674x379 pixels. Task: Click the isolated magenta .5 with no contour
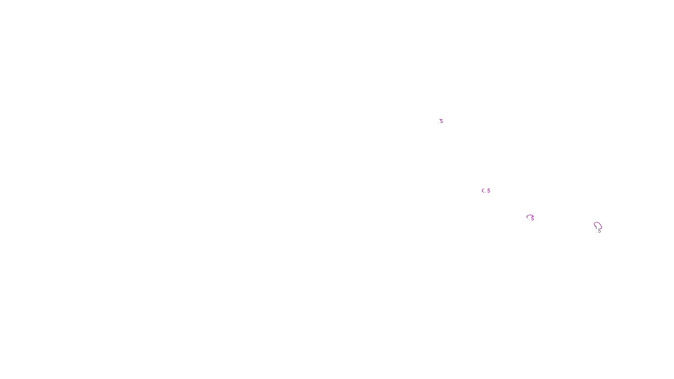click(x=441, y=121)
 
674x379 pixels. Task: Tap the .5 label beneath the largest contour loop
click(x=599, y=231)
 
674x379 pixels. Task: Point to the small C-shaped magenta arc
click(x=483, y=191)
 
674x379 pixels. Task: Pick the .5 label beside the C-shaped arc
click(x=488, y=191)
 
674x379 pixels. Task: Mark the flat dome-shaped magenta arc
click(x=530, y=216)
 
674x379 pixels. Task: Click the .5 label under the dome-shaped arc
click(x=532, y=219)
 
